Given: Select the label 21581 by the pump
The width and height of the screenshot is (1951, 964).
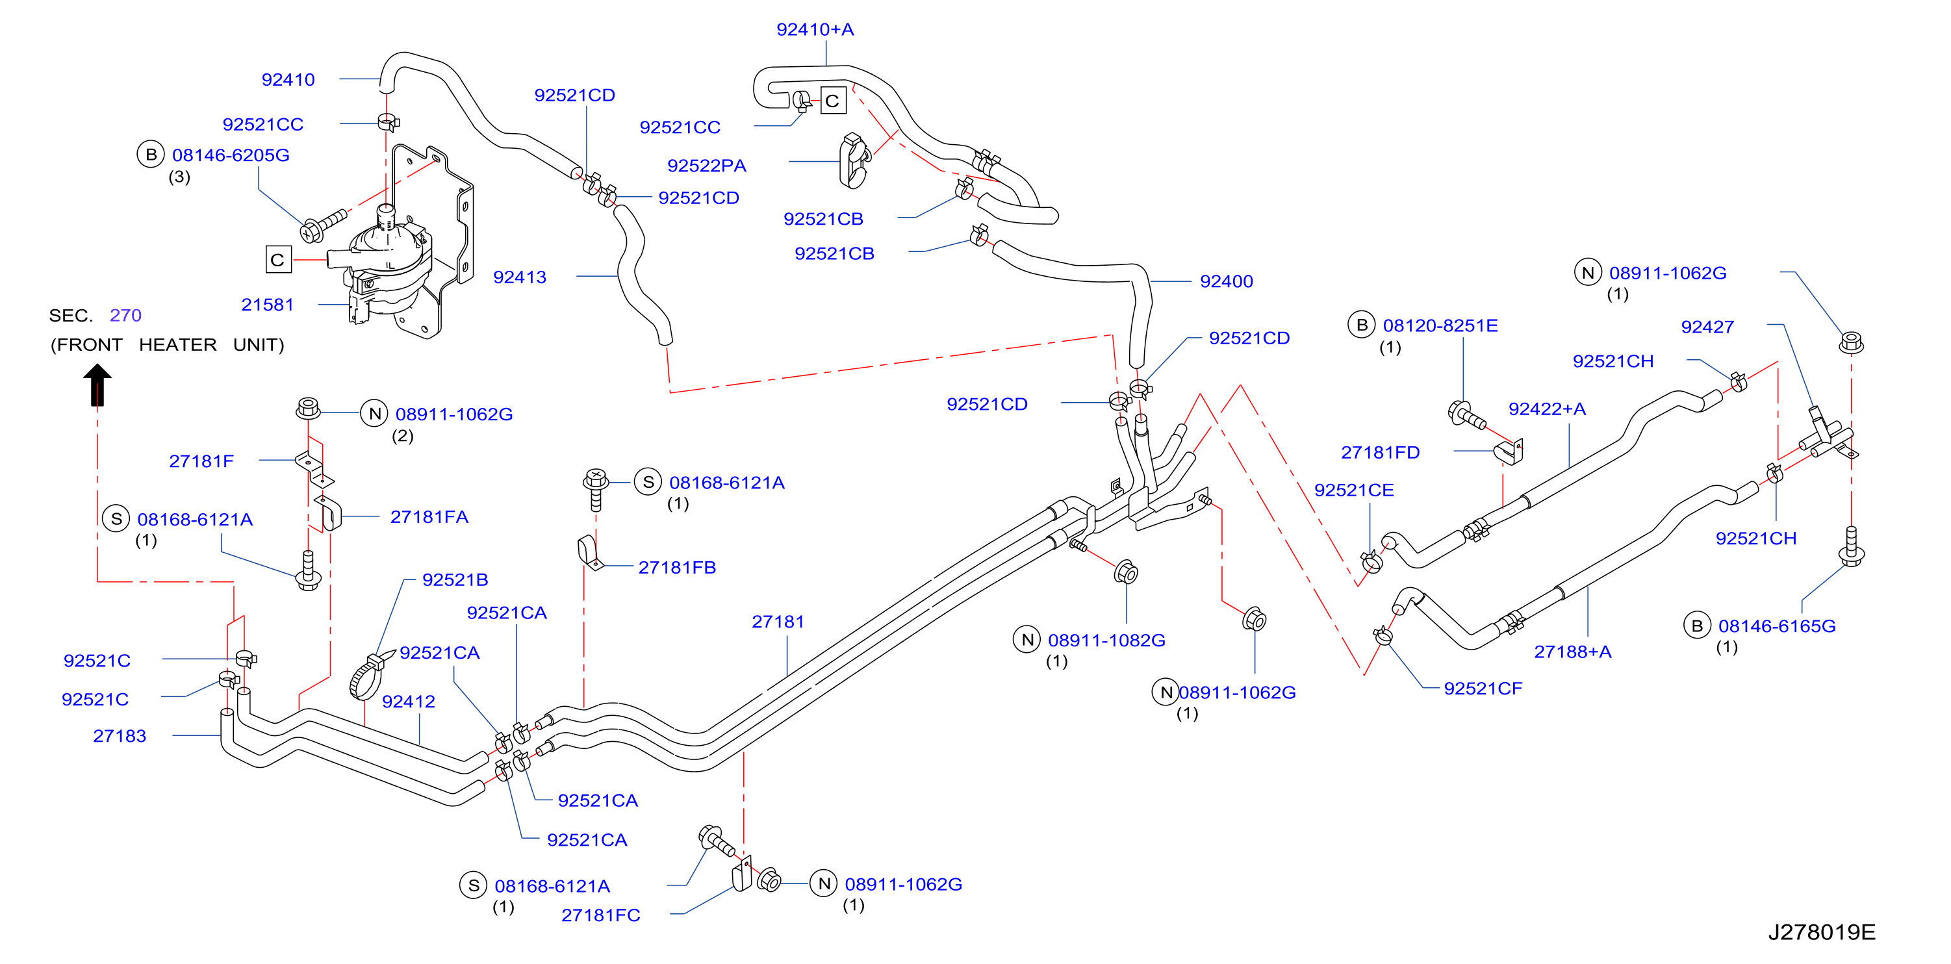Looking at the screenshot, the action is click(268, 305).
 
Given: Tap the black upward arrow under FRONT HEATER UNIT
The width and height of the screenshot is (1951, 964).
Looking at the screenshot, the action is click(97, 385).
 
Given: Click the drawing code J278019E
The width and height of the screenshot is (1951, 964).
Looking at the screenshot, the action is click(1822, 932).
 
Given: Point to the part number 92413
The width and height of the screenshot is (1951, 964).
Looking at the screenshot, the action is click(520, 277).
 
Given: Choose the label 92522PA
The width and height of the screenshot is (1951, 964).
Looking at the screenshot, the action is click(707, 166).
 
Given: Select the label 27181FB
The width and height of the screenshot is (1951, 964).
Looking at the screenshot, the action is click(677, 567).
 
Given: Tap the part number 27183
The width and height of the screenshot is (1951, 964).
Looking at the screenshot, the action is click(120, 736).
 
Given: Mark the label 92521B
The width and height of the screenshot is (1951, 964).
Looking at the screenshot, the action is click(455, 580).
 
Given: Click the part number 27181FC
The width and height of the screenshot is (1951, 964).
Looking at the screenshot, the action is click(600, 915).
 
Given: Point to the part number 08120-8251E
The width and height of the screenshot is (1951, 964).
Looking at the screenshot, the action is click(1440, 325).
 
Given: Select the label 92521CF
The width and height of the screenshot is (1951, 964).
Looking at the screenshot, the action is click(1483, 689).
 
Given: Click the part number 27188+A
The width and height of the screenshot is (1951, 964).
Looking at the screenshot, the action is click(1572, 652).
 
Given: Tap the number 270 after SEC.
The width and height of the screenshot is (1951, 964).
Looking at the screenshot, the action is click(126, 315).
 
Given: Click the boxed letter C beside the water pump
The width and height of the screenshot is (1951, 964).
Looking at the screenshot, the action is click(278, 260).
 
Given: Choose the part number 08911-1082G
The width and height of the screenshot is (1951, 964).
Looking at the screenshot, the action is click(1106, 641).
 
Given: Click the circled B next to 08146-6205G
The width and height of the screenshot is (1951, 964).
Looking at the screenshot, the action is click(151, 155).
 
